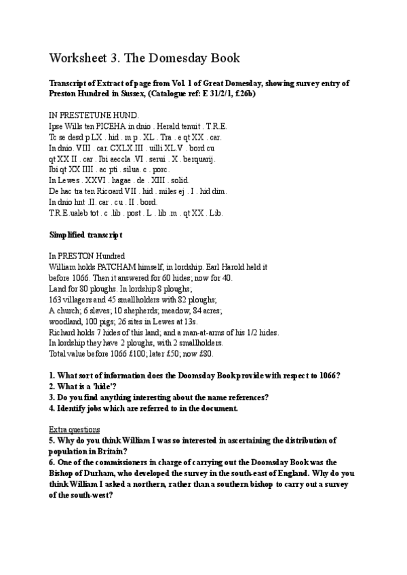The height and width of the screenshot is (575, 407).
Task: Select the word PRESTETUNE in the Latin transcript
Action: [88, 115]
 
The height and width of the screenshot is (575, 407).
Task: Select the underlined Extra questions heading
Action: [75, 429]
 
